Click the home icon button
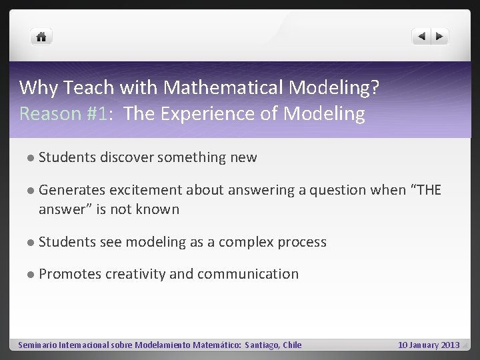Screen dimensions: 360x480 click(41, 37)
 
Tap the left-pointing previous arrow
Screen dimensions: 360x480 click(421, 37)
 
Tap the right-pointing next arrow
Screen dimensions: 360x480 click(439, 37)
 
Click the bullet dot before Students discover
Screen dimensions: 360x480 click(31, 158)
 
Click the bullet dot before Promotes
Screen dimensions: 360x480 click(31, 275)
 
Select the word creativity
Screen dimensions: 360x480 click(138, 274)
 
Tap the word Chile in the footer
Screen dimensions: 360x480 click(291, 345)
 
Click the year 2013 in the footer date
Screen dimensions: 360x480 click(448, 345)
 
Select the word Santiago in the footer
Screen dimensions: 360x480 click(261, 345)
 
